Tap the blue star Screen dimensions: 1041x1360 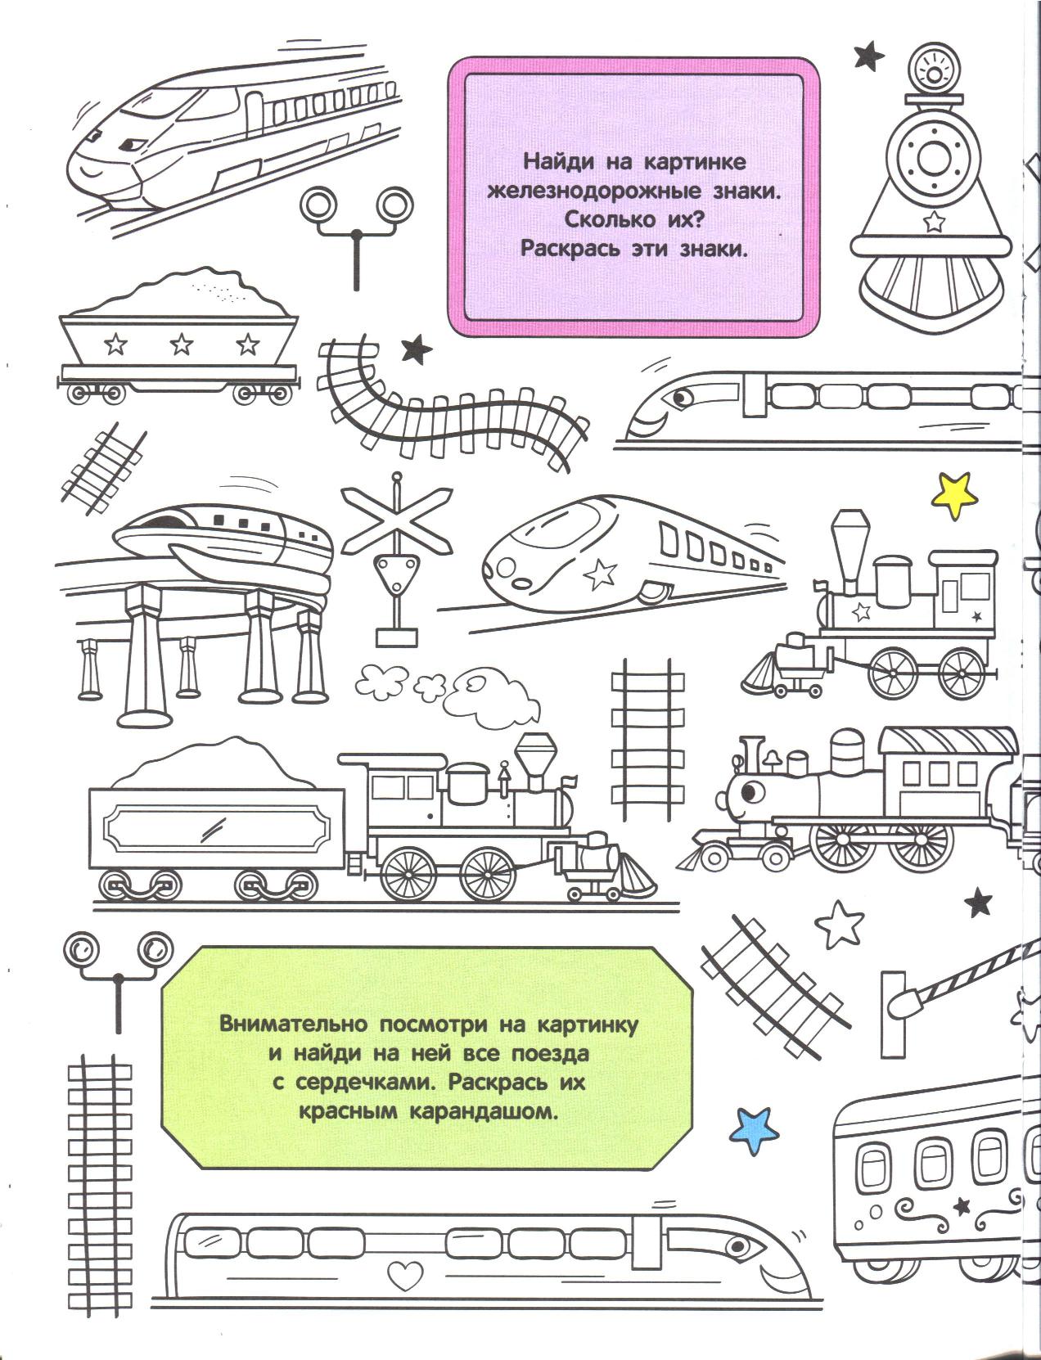pyautogui.click(x=754, y=1130)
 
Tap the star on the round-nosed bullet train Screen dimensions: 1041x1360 pyautogui.click(x=601, y=574)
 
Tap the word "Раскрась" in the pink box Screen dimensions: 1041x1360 pyautogui.click(x=570, y=249)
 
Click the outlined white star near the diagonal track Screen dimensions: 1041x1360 pyautogui.click(x=839, y=925)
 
